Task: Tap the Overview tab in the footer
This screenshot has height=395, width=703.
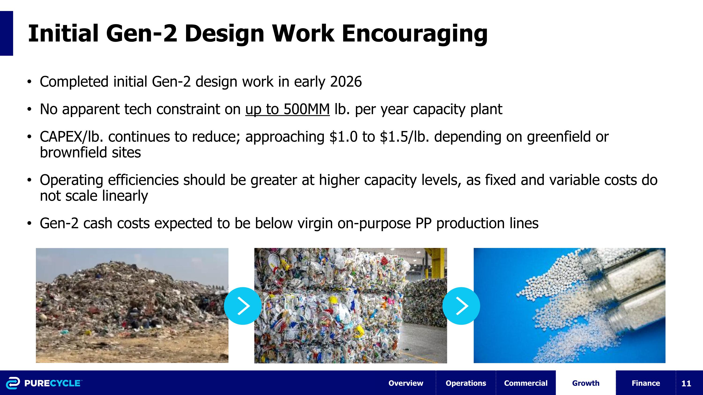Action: (x=406, y=383)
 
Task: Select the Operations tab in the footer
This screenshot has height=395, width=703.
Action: (x=466, y=383)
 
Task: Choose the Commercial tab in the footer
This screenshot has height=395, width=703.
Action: (x=526, y=383)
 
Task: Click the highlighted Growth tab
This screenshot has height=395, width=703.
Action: (x=586, y=383)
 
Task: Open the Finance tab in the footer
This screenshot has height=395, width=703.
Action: (x=646, y=383)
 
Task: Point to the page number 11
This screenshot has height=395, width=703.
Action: (x=686, y=383)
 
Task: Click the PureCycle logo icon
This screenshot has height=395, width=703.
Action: (x=13, y=383)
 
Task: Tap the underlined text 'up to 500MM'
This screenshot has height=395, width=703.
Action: (x=287, y=109)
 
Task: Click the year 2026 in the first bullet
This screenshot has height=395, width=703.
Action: (x=346, y=82)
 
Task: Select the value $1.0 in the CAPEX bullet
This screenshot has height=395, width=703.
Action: (x=343, y=137)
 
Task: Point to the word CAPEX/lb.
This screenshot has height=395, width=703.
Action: (x=71, y=137)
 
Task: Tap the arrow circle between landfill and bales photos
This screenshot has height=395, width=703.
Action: (x=243, y=306)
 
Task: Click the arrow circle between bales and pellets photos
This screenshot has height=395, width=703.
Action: (x=461, y=306)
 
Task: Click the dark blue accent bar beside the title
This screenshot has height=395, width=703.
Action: (x=7, y=33)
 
